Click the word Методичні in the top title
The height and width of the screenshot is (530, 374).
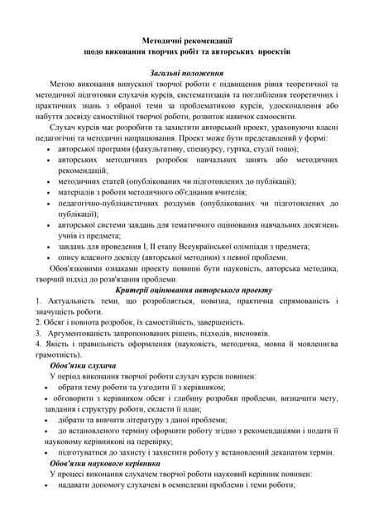[x=162, y=38]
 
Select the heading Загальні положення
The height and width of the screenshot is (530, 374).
[x=188, y=73]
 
